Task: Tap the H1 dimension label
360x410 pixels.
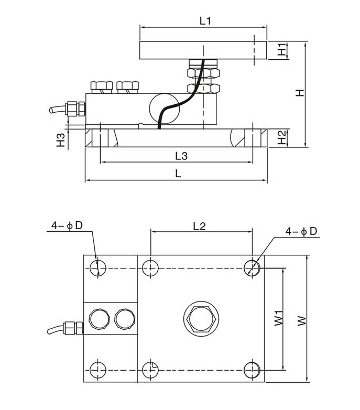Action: coord(282,50)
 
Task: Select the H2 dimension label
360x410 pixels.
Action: coord(282,138)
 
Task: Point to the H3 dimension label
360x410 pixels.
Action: coord(61,139)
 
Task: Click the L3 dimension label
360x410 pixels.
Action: coord(181,156)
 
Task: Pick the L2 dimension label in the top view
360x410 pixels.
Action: coord(199,226)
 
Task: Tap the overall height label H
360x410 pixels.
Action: coord(299,93)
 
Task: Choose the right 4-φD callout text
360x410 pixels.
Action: coord(302,231)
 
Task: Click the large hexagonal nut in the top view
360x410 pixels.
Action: coord(201,318)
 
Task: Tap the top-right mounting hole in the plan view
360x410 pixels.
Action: coord(253,267)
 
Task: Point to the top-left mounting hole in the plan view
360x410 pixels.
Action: coord(95,267)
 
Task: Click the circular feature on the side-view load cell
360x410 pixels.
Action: coord(162,107)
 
